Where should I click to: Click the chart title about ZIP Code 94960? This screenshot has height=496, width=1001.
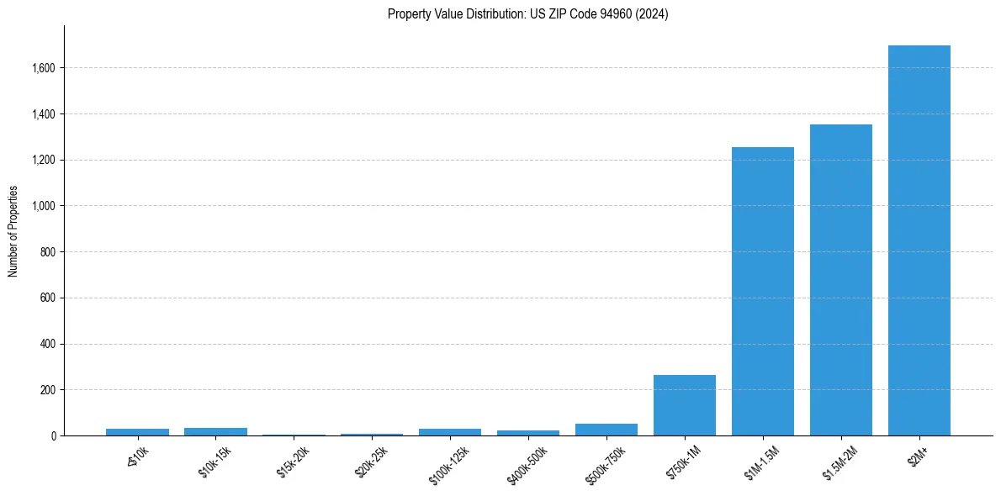(x=527, y=14)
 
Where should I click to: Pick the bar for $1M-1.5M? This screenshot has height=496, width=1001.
(x=762, y=292)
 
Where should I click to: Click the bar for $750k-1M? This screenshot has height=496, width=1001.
(x=684, y=405)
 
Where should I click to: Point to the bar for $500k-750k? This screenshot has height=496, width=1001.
(x=606, y=430)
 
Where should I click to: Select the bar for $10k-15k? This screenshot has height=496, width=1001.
(x=215, y=431)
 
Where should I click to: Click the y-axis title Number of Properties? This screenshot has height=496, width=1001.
(x=13, y=231)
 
